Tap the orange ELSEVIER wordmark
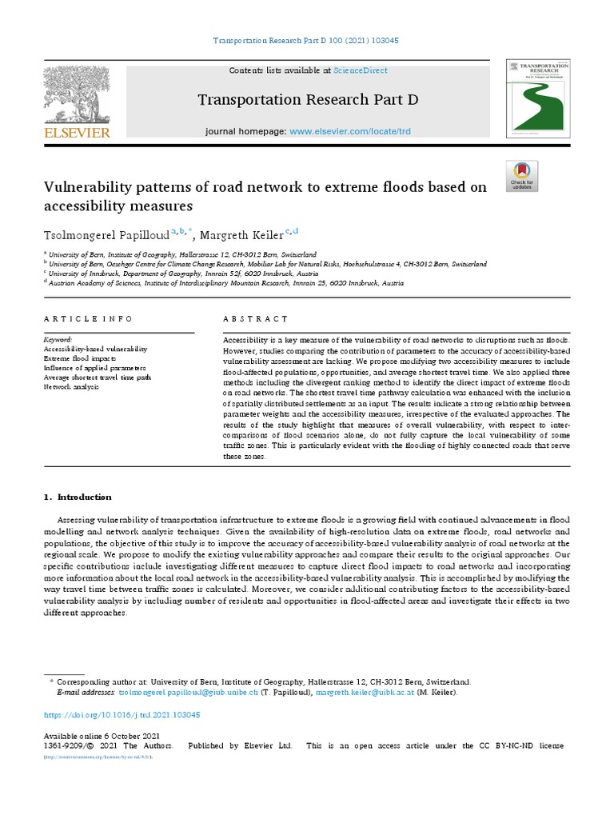click(77, 132)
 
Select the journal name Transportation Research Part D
click(307, 100)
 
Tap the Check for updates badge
click(522, 176)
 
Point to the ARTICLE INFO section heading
click(88, 318)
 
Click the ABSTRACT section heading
click(256, 318)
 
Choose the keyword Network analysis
click(71, 386)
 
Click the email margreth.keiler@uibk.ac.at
click(363, 692)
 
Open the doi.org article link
click(121, 715)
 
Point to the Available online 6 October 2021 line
click(101, 736)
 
